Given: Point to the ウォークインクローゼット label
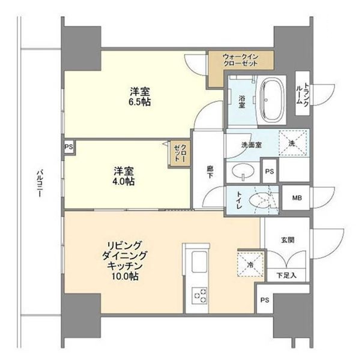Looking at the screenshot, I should coord(240,60).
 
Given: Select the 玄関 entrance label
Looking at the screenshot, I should coord(288,240).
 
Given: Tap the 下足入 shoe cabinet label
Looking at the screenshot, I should coord(286,275).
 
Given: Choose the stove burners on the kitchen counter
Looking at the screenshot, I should coord(200,296).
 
